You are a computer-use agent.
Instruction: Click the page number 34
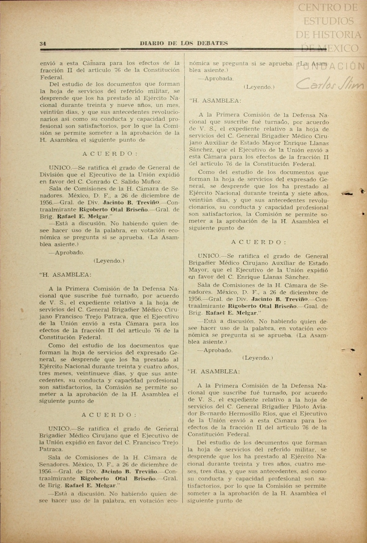pyautogui.click(x=43, y=44)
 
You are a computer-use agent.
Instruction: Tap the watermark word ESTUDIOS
pyautogui.click(x=329, y=21)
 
